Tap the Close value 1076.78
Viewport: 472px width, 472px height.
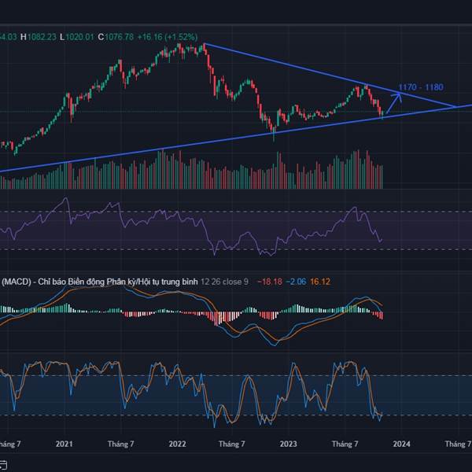pyautogui.click(x=116, y=36)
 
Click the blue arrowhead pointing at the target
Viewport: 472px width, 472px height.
pyautogui.click(x=400, y=95)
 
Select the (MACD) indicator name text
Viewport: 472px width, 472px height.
pyautogui.click(x=16, y=281)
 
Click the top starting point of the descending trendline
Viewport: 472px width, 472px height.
pyautogui.click(x=204, y=43)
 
